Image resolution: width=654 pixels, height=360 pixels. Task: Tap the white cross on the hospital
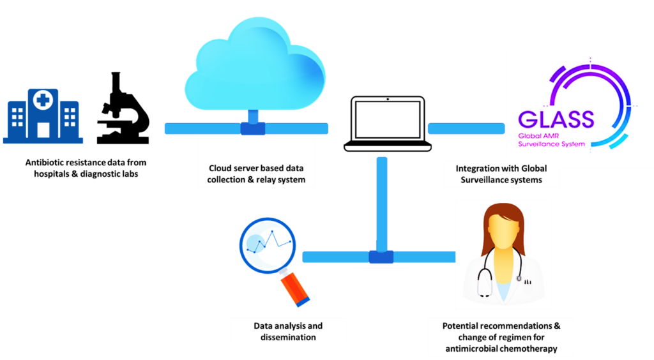pos(43,100)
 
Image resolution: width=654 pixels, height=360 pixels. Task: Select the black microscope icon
pos(123,109)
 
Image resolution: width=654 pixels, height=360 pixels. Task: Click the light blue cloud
pos(255,64)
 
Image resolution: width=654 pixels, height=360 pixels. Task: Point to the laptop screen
pos(388,119)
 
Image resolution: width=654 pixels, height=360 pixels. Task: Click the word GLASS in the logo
pos(556,119)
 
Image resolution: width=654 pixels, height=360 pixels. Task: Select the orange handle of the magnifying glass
pos(294,289)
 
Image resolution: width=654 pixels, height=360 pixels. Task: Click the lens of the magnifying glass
pos(268,245)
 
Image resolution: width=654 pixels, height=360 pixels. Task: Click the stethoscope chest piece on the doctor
pos(519,278)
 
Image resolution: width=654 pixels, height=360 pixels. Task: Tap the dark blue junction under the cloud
pos(253,129)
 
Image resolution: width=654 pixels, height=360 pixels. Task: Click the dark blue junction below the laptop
pos(381,257)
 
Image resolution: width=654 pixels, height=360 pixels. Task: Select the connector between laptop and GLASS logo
pos(466,128)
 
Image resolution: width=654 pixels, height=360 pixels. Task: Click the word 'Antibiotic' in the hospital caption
pos(44,163)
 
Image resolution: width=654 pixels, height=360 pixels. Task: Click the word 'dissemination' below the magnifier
pos(288,338)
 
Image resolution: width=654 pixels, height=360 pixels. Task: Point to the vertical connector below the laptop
pos(382,204)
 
